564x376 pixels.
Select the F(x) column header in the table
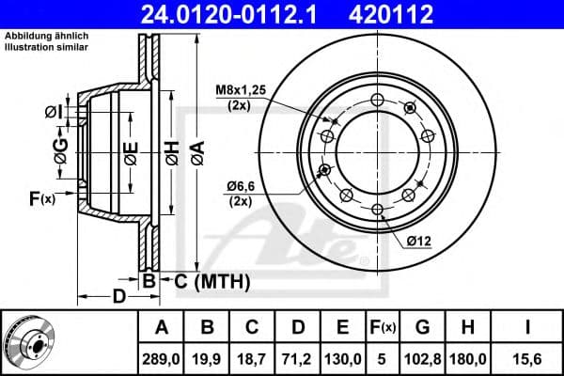click(383, 327)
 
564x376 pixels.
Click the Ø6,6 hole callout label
click(245, 188)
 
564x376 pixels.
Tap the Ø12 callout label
click(419, 242)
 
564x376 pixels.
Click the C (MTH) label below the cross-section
click(211, 279)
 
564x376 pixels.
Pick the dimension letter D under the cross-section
click(118, 297)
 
